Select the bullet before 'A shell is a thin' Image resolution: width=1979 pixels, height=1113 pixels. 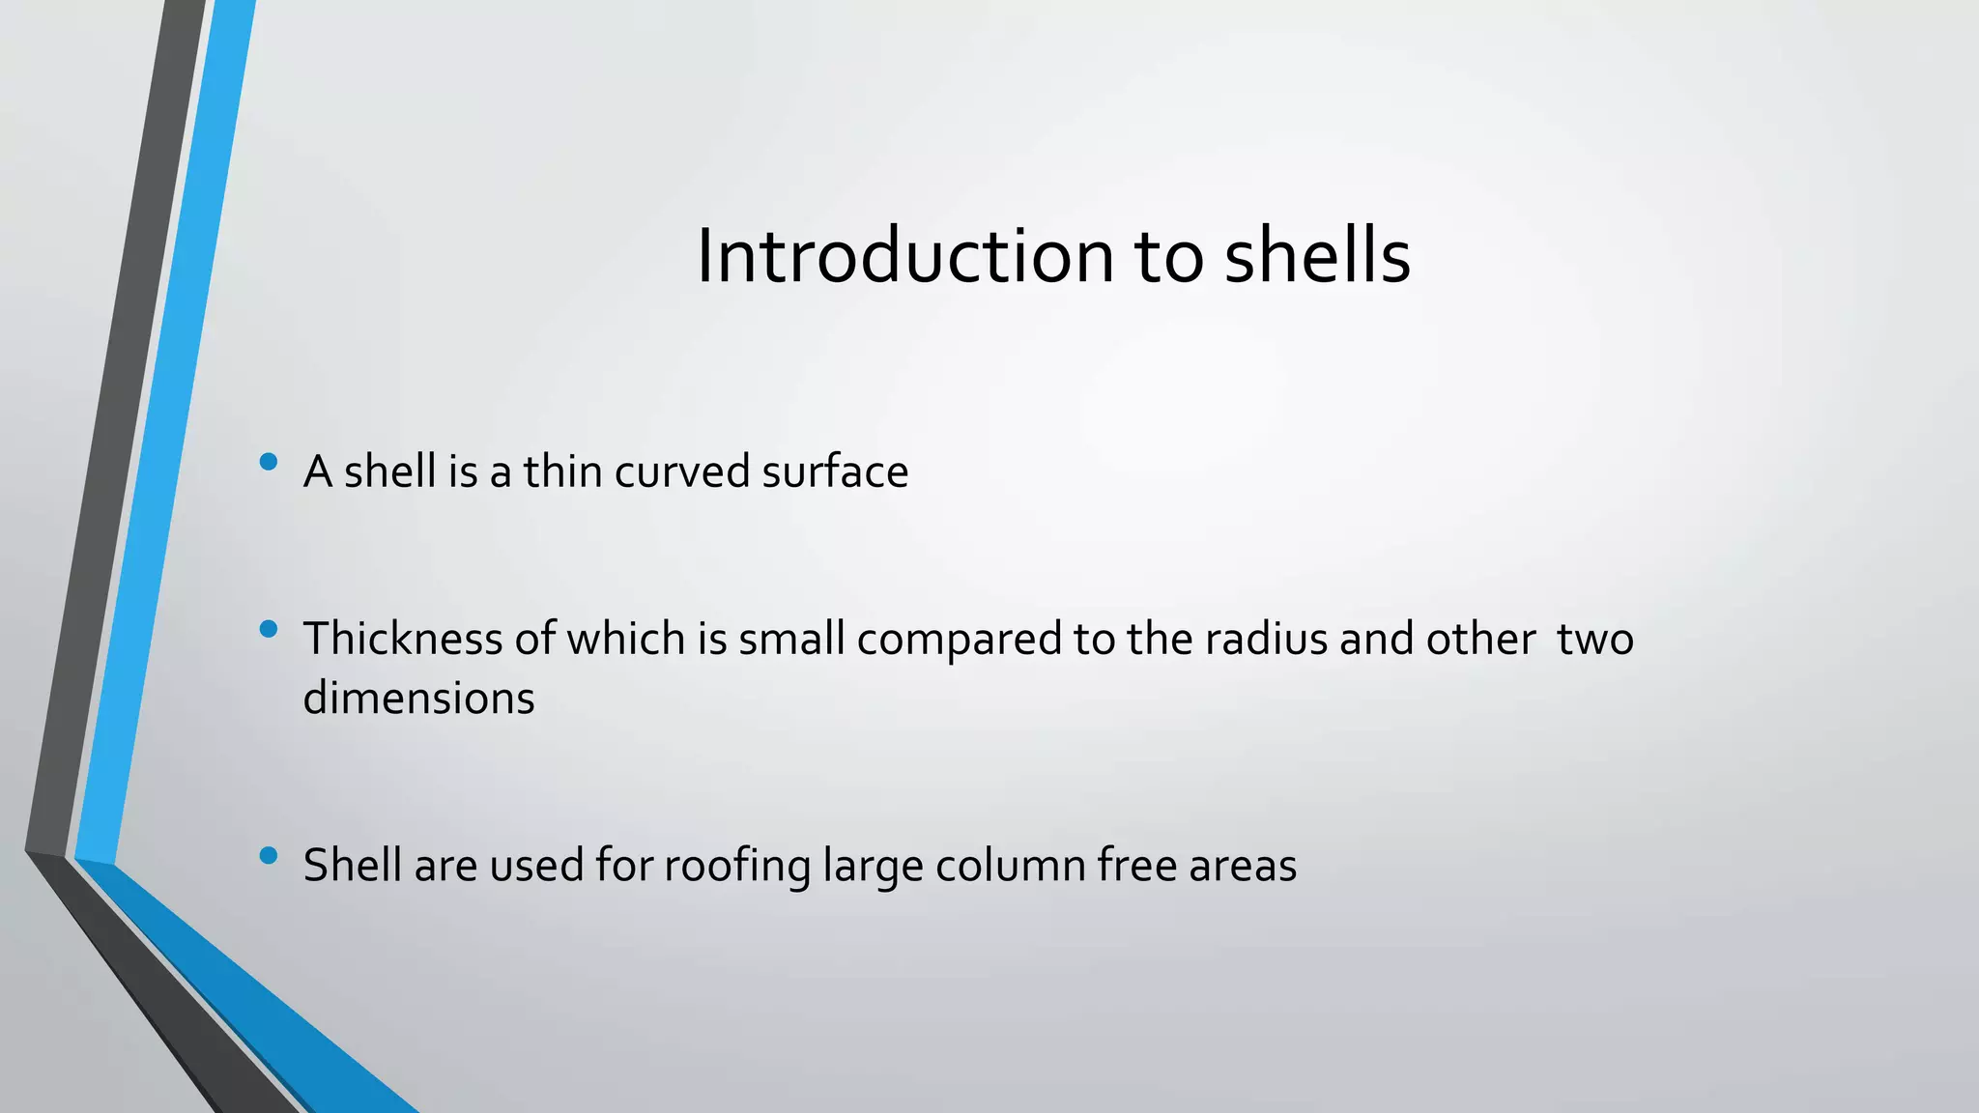[x=269, y=462]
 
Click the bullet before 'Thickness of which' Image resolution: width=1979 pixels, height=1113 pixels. [x=269, y=630]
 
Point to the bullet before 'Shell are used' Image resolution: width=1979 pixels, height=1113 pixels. [x=269, y=855]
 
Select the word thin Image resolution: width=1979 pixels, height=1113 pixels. [x=563, y=472]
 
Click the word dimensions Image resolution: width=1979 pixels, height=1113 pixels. [x=418, y=698]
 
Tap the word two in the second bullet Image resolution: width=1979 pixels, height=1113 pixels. [x=1594, y=640]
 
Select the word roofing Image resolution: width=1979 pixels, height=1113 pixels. [x=737, y=866]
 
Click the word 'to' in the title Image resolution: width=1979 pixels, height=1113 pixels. [x=1169, y=258]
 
